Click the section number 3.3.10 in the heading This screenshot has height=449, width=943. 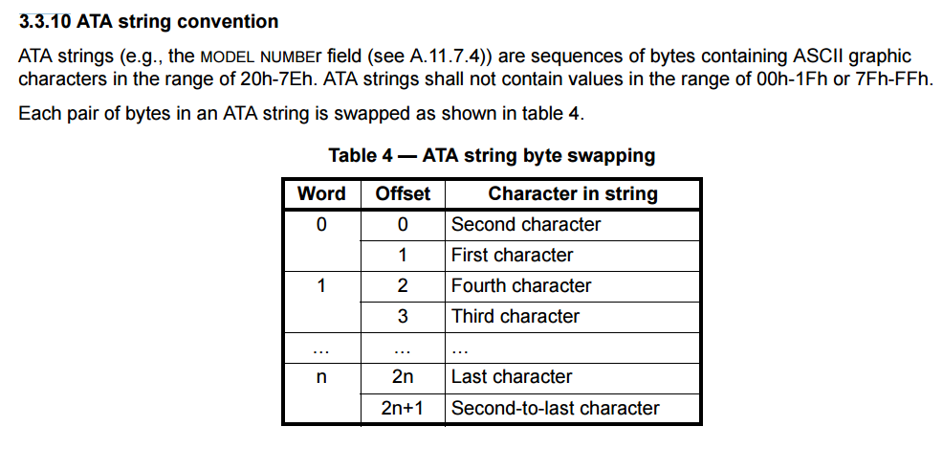click(x=45, y=22)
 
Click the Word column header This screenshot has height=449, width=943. click(x=321, y=193)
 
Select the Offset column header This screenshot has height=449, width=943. click(x=403, y=193)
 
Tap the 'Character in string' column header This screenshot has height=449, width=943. click(x=573, y=193)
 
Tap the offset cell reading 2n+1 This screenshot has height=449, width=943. click(x=403, y=408)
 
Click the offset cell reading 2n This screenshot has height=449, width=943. click(x=403, y=377)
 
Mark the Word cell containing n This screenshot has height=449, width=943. click(x=321, y=377)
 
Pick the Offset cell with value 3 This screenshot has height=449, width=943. click(x=403, y=317)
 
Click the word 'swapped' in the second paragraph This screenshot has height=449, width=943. click(x=372, y=114)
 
